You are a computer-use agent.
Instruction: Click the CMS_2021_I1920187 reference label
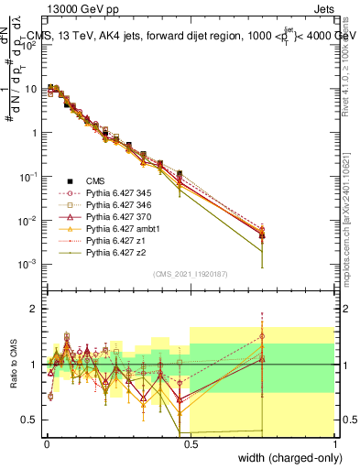click(x=191, y=273)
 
